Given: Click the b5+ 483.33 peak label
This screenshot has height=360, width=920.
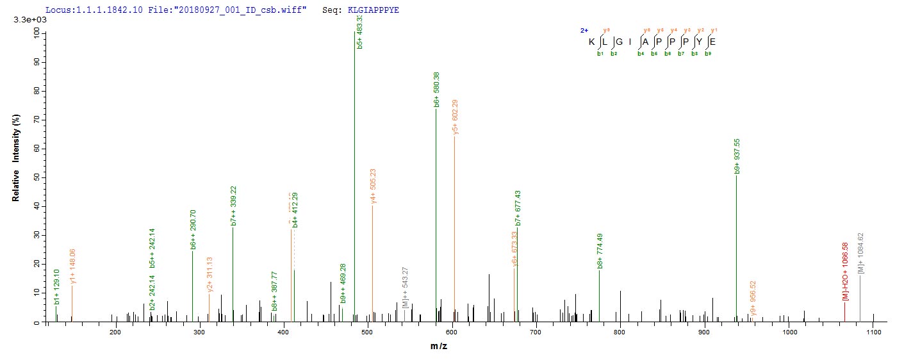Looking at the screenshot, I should tap(359, 31).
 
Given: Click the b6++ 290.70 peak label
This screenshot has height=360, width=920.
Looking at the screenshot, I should tap(193, 229).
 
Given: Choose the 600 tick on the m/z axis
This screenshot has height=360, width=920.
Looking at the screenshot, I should tap(452, 332).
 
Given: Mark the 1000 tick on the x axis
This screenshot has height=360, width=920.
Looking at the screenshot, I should tap(789, 332).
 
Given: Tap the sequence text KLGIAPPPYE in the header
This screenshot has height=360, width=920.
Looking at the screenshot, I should tap(374, 11).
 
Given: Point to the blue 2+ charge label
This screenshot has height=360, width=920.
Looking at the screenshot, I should tap(584, 30).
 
